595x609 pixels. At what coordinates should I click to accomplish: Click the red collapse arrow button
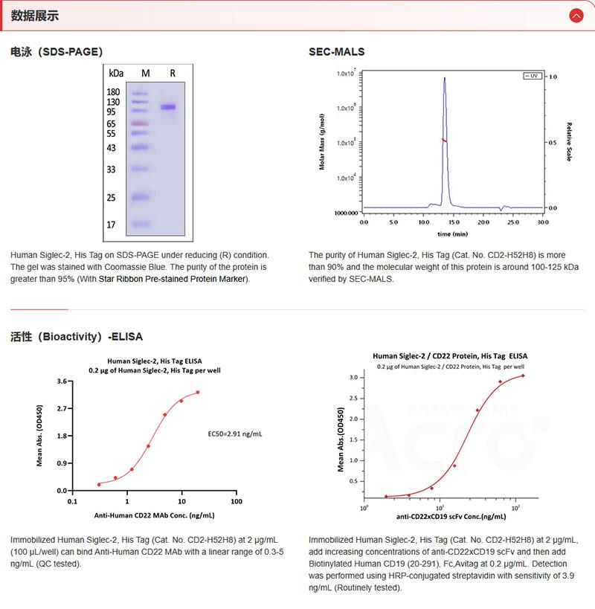click(x=576, y=16)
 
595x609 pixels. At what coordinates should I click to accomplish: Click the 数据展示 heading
click(x=34, y=16)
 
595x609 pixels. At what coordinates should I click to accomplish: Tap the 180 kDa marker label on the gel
click(x=114, y=92)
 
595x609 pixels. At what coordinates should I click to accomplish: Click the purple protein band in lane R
click(x=168, y=107)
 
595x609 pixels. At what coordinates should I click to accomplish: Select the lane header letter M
click(x=146, y=73)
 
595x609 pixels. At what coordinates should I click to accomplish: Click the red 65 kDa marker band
click(x=140, y=123)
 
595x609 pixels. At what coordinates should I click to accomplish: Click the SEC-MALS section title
click(x=336, y=52)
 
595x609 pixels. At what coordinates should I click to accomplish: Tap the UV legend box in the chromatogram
click(x=533, y=77)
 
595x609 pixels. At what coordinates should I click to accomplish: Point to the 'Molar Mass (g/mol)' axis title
click(x=322, y=142)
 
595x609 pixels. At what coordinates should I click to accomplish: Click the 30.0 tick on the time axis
click(x=542, y=222)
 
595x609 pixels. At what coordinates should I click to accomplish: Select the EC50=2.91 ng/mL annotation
click(x=234, y=433)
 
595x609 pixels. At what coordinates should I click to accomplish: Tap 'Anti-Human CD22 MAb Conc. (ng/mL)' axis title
click(x=154, y=515)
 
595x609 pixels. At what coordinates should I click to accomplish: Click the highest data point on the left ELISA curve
click(x=198, y=393)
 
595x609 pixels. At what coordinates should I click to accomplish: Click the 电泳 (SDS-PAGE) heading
click(x=57, y=52)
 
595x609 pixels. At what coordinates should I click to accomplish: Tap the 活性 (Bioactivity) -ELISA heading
click(x=77, y=336)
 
